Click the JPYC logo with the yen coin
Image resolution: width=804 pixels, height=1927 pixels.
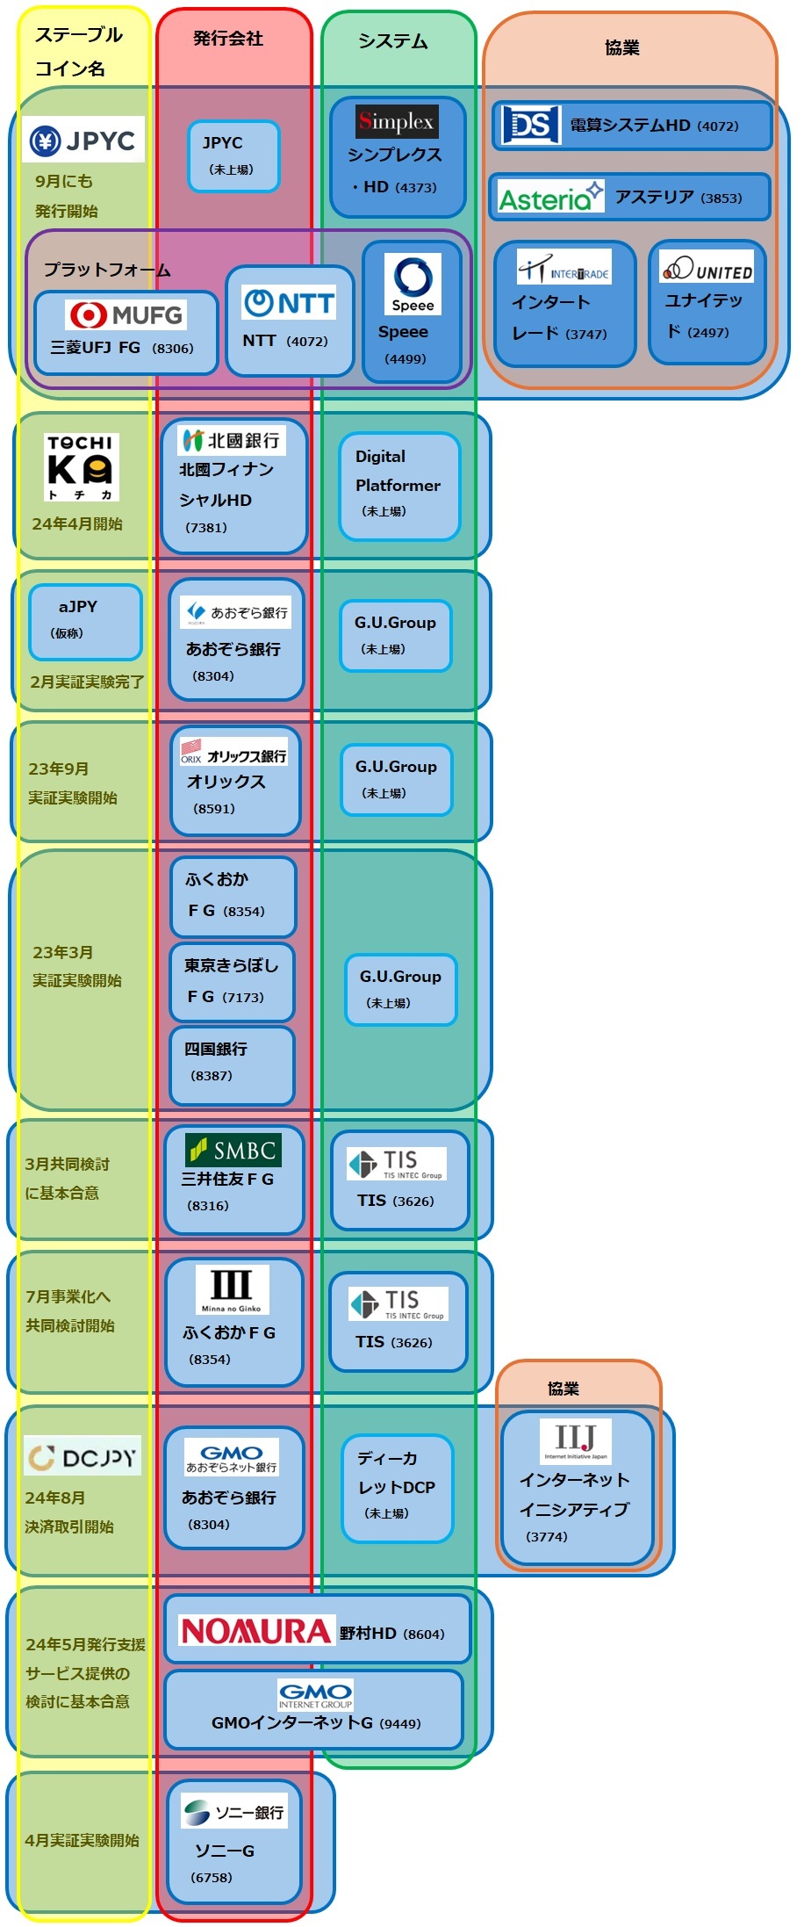(83, 140)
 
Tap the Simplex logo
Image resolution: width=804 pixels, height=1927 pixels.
(397, 121)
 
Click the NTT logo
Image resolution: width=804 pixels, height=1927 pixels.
(290, 303)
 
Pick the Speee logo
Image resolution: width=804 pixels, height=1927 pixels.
(413, 284)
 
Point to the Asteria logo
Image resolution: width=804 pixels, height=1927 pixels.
(550, 196)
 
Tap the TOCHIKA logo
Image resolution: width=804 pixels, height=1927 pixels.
(81, 466)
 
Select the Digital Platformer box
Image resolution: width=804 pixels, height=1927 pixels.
(399, 485)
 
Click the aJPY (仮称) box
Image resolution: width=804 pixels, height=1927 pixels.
(85, 621)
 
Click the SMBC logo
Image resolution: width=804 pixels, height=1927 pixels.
(233, 1150)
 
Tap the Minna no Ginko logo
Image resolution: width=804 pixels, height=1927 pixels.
(232, 1289)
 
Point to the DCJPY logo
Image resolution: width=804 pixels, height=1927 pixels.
(83, 1458)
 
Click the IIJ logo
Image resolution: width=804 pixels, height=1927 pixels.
(576, 1440)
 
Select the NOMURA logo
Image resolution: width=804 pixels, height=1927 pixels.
(255, 1631)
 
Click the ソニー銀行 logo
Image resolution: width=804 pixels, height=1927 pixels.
(234, 1812)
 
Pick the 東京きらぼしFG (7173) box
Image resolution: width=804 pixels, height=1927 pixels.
(232, 981)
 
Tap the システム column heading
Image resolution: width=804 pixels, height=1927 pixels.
(393, 41)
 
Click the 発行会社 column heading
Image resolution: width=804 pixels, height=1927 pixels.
(228, 39)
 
